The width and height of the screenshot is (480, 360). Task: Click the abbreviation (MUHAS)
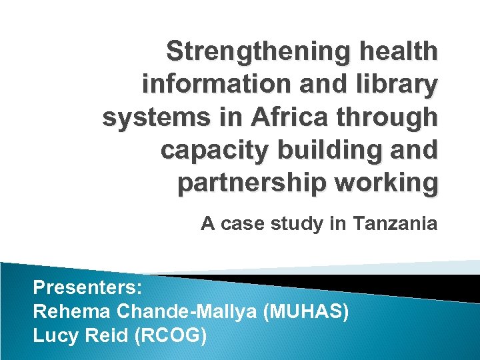307,311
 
